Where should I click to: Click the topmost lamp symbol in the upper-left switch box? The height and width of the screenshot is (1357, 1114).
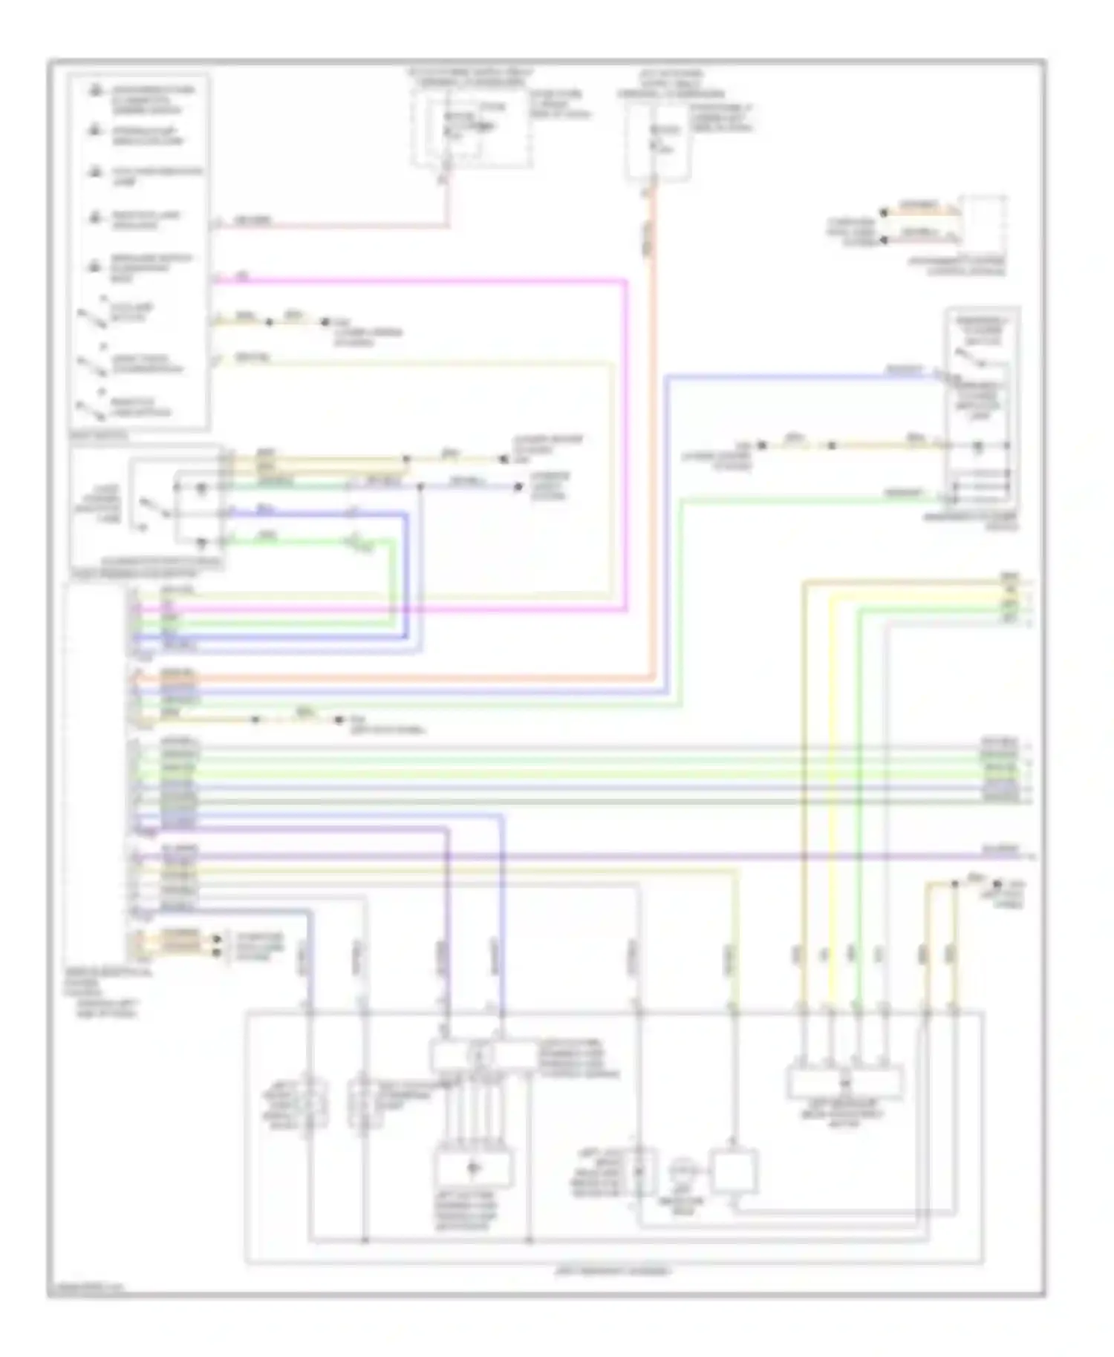point(96,92)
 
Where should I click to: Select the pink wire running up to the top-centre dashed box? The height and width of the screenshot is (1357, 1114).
point(334,226)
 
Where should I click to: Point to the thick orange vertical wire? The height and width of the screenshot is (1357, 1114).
point(653,445)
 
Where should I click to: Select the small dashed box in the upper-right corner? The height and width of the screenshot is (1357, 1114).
point(983,221)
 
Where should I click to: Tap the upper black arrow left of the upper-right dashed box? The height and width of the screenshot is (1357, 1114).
point(884,212)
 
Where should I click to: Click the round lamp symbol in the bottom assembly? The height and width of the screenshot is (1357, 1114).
point(680,1171)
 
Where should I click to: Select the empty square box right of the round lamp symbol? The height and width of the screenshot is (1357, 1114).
point(733,1171)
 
